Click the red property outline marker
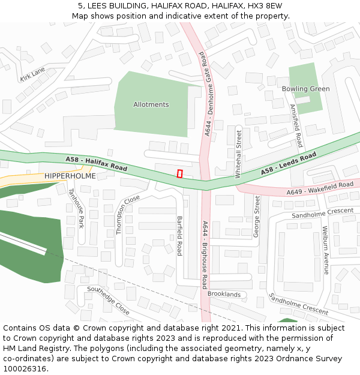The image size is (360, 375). (179, 173)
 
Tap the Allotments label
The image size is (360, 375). (151, 104)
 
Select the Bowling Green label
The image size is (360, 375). (306, 89)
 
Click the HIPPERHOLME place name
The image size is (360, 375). (70, 175)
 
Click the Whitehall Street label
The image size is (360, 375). (239, 153)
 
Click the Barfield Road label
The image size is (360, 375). (179, 236)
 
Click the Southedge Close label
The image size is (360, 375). (108, 301)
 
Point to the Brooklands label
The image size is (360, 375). (224, 294)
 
